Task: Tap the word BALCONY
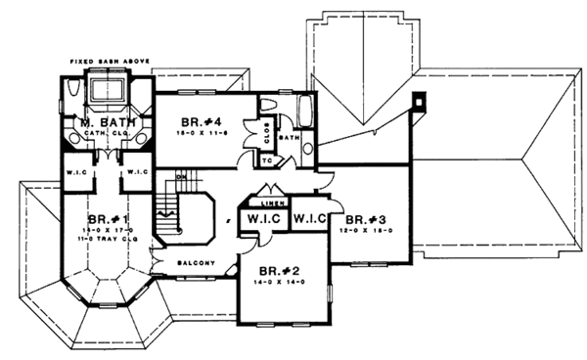(x=196, y=263)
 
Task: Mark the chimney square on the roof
(x=420, y=99)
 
